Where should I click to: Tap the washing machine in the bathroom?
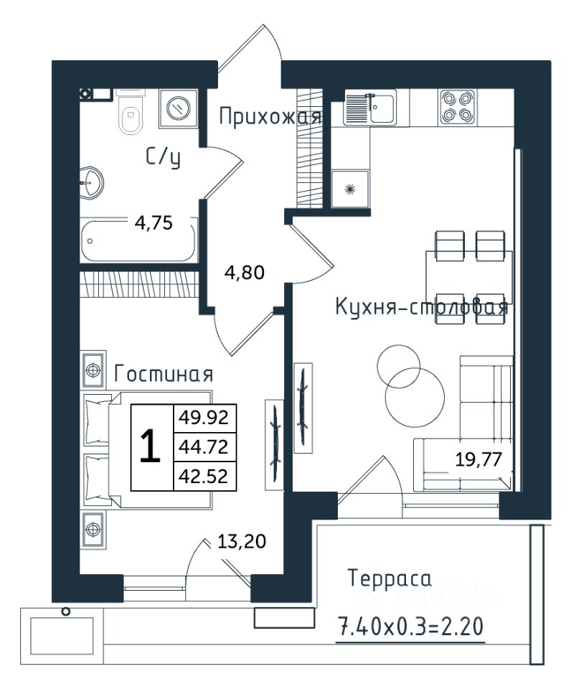click(x=179, y=108)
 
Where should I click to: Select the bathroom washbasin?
click(x=92, y=183)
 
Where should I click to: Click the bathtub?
click(x=138, y=241)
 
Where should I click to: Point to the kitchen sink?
click(x=370, y=107)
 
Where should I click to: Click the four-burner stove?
click(x=457, y=107)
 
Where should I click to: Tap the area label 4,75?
click(x=154, y=224)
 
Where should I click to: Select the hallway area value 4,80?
click(x=244, y=273)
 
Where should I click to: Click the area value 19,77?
click(x=478, y=460)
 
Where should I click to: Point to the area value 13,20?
click(x=242, y=542)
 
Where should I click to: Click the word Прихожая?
click(x=270, y=118)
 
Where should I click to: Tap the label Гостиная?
click(x=164, y=375)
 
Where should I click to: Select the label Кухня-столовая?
click(x=422, y=306)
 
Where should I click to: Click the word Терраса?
click(x=390, y=578)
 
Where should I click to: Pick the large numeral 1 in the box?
click(x=150, y=446)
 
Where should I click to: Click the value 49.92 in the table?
click(x=203, y=418)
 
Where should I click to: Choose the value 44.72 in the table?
click(x=203, y=447)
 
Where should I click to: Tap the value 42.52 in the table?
click(x=203, y=477)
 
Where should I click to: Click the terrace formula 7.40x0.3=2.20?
click(x=410, y=627)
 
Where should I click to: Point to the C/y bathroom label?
click(x=164, y=157)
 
